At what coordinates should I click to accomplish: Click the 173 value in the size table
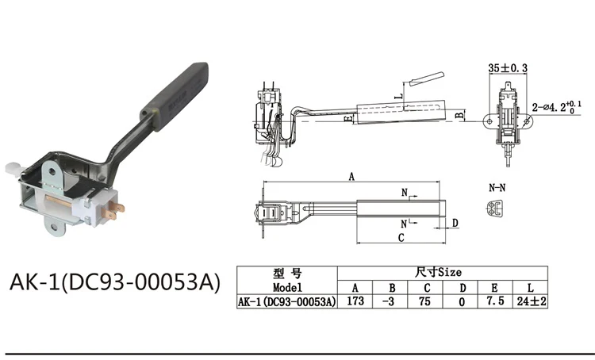click(355, 301)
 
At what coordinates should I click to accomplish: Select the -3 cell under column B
click(388, 301)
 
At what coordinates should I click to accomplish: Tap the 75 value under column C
click(424, 301)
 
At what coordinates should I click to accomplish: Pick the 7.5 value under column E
click(495, 301)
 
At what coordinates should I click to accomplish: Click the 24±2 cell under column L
click(532, 301)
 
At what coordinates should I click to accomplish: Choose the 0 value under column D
click(462, 302)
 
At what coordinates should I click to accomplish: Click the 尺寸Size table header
click(438, 272)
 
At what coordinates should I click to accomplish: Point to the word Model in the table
click(287, 287)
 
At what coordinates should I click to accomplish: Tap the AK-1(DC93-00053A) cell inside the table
click(287, 302)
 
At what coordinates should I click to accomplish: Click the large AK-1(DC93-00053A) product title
click(114, 282)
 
